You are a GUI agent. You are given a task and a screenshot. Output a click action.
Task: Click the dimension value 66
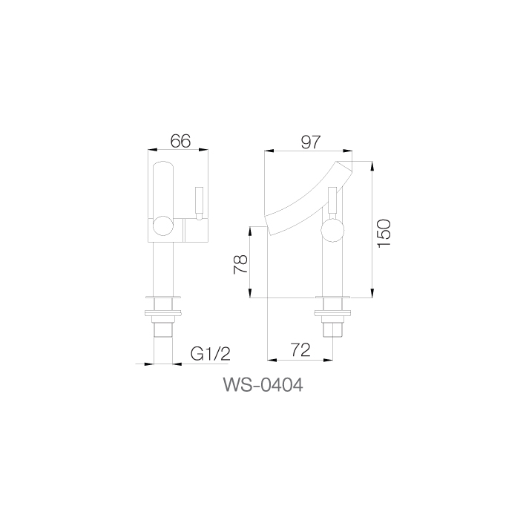(x=180, y=141)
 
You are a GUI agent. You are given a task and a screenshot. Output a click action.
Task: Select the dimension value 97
(x=311, y=142)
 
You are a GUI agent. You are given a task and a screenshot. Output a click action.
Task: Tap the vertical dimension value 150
(x=384, y=234)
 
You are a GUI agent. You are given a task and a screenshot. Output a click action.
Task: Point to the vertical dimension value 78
(x=240, y=264)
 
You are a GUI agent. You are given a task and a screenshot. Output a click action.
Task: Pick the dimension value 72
(x=300, y=350)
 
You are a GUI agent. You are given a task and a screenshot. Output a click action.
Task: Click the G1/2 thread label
(x=211, y=354)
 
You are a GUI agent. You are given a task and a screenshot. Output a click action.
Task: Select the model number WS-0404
(x=263, y=385)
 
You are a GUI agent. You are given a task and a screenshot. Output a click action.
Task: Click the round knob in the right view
(x=332, y=231)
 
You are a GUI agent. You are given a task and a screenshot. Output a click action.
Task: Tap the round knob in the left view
(x=163, y=227)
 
